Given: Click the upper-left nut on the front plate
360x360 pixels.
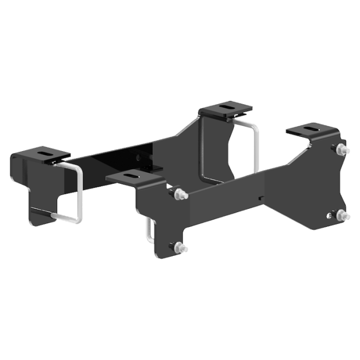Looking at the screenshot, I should (x=178, y=195).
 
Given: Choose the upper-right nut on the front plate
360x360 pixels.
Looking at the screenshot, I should (x=340, y=151).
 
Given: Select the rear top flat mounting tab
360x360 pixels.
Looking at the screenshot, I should (x=227, y=109).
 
